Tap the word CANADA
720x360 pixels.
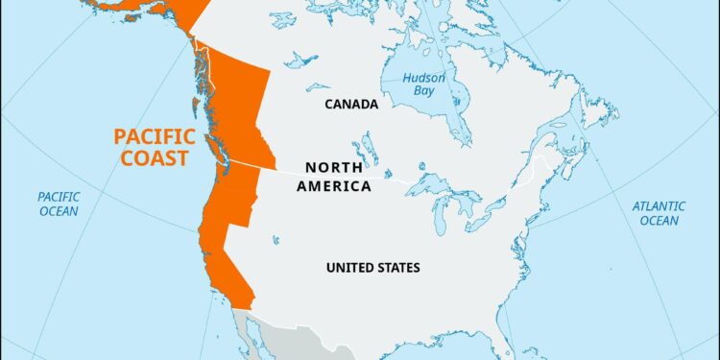click(350, 104)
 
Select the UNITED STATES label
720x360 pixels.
click(372, 267)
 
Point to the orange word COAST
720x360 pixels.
click(154, 157)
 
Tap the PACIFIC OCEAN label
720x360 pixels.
click(60, 203)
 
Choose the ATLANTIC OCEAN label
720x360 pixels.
click(659, 212)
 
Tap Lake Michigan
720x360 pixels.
click(438, 217)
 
